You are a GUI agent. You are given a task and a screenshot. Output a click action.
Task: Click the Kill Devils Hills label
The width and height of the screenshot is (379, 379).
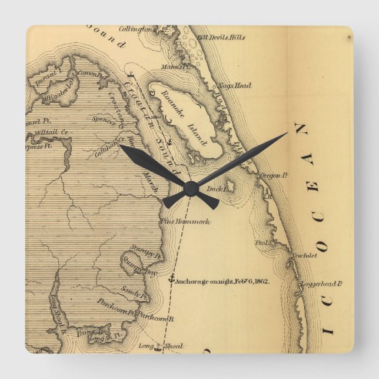pos(221,38)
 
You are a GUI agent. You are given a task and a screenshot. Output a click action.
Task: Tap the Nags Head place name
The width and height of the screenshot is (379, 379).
pos(234,86)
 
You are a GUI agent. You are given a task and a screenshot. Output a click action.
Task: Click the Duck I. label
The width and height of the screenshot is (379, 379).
pos(217,189)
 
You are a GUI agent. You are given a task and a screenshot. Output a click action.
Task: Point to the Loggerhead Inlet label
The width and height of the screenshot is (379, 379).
pos(321,284)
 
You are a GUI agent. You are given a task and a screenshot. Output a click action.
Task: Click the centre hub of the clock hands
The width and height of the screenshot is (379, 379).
pos(189,188)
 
